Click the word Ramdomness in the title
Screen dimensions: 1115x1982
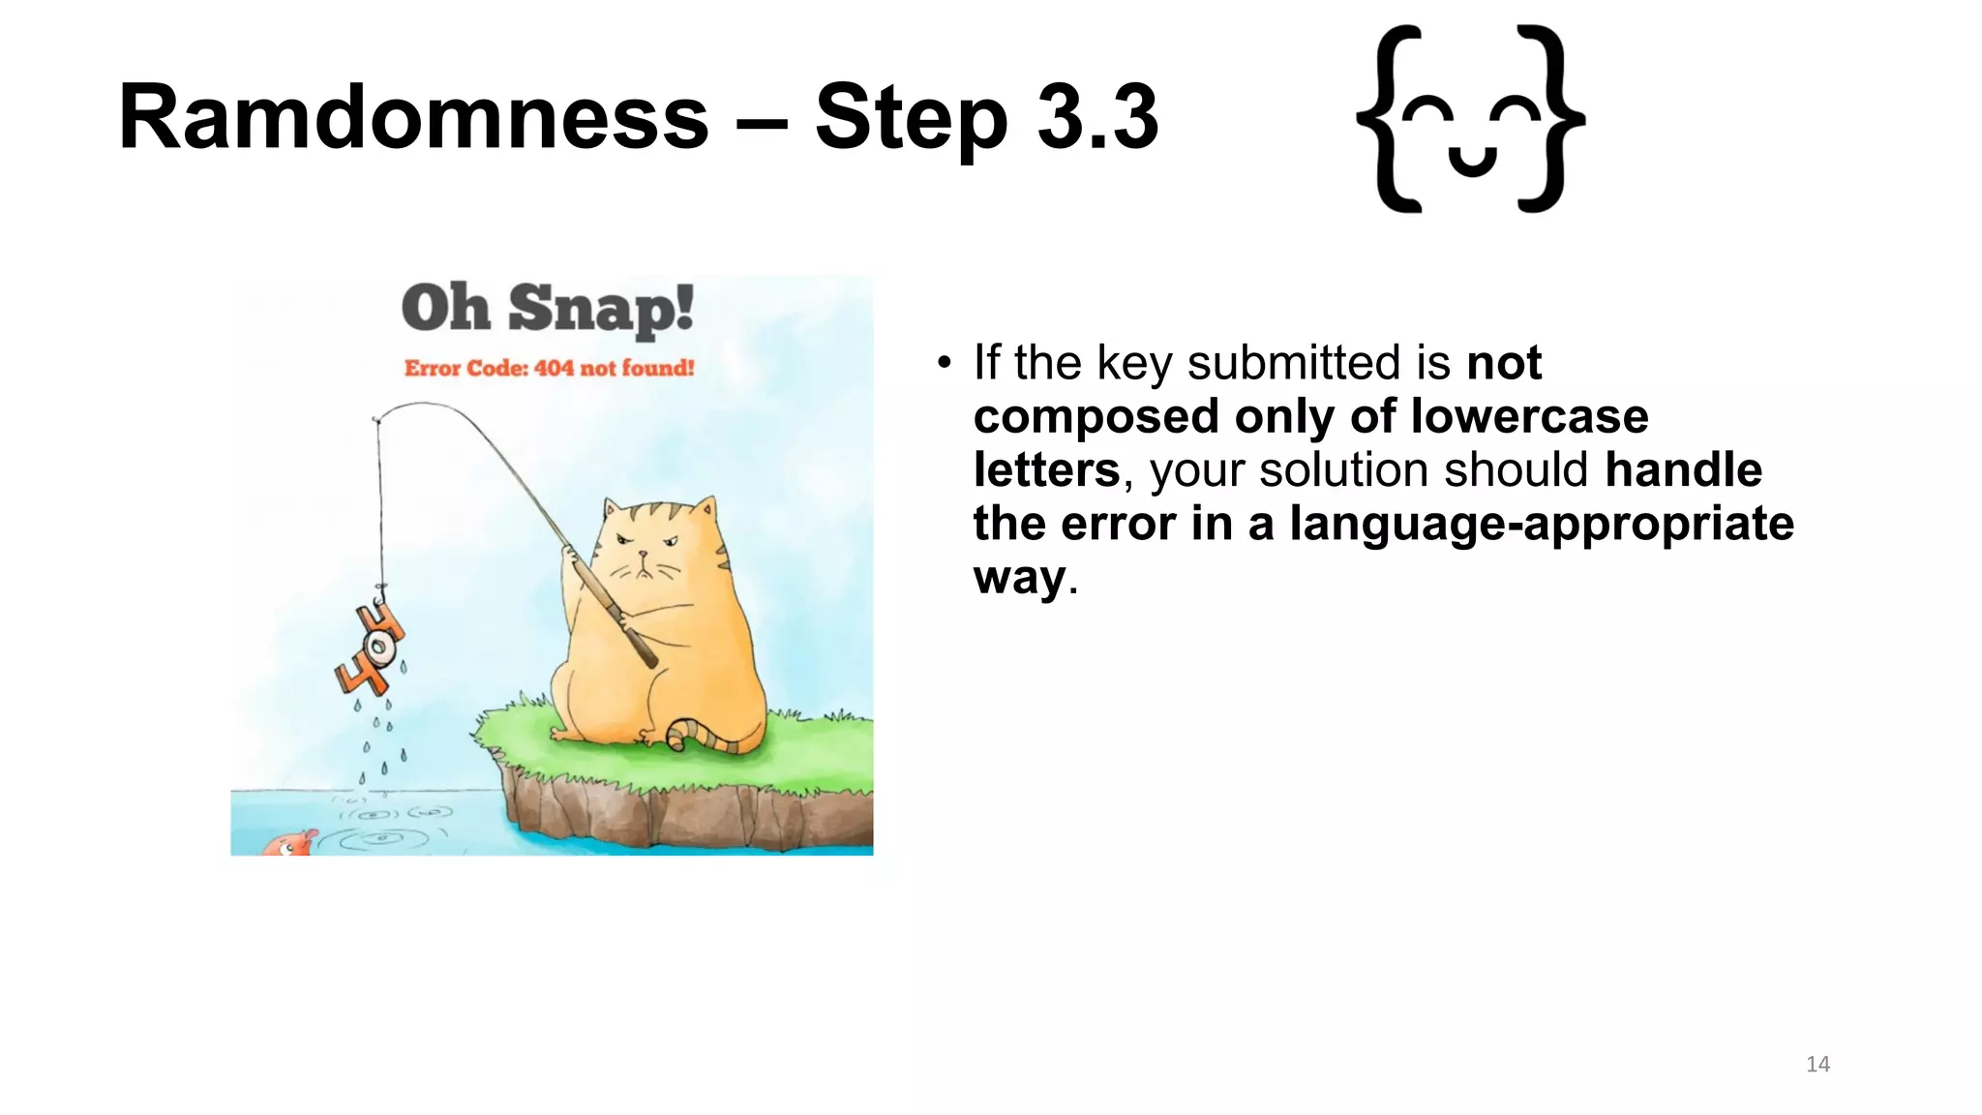click(413, 118)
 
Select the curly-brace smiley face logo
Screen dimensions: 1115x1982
click(1470, 119)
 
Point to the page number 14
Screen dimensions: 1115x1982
click(1817, 1065)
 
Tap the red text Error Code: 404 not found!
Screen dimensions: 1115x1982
click(549, 368)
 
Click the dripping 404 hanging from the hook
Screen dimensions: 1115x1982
click(370, 648)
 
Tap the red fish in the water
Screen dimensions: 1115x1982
click(288, 844)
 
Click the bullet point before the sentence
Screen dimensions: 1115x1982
click(945, 365)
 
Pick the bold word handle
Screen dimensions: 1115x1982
click(1683, 470)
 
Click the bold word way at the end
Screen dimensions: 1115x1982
click(1019, 579)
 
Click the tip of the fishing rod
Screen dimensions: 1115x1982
click(376, 419)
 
